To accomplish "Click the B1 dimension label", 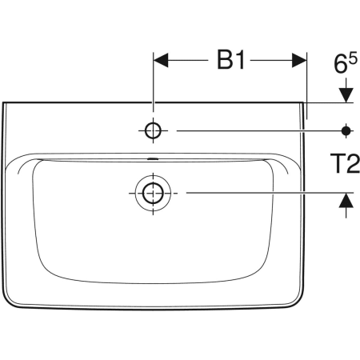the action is click(231, 60).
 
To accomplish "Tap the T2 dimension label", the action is click(345, 163).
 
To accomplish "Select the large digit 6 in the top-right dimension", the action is click(341, 64).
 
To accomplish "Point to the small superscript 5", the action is click(353, 58).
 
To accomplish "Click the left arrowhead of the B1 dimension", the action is click(161, 60).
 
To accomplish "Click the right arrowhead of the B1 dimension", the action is click(299, 60).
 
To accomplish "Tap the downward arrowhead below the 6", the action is click(346, 95).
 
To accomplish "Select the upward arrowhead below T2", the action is click(346, 200).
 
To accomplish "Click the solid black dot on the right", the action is click(346, 130).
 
